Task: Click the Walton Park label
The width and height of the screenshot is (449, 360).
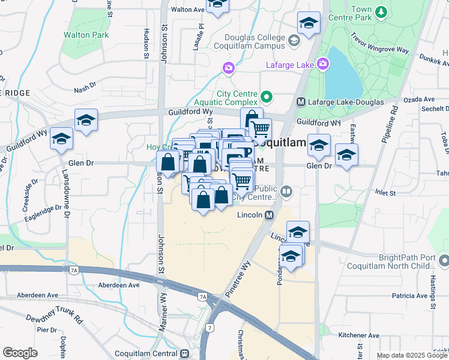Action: click(x=86, y=35)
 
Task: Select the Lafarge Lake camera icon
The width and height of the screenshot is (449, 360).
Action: click(x=323, y=64)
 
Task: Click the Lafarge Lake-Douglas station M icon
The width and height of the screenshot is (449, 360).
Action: click(x=301, y=103)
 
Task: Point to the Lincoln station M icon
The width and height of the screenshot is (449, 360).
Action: click(x=270, y=215)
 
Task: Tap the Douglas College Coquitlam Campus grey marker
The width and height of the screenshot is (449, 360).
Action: click(x=294, y=41)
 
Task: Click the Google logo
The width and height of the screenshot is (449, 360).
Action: click(x=20, y=353)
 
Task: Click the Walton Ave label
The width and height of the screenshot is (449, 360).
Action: click(x=188, y=10)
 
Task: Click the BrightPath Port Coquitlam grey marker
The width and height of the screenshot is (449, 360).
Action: click(x=444, y=261)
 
